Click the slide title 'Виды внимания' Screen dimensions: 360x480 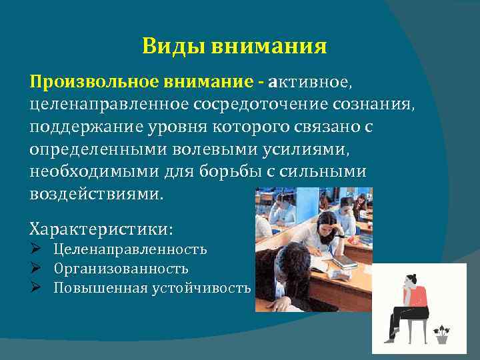coord(234,47)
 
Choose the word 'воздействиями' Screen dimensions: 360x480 coord(95,194)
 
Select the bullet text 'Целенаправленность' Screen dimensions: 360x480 coord(130,249)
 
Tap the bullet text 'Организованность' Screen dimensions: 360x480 coord(121,269)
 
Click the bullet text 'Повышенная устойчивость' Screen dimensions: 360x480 coord(152,288)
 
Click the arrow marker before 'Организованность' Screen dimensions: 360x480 coord(37,269)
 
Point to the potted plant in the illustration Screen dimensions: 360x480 coord(441,333)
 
